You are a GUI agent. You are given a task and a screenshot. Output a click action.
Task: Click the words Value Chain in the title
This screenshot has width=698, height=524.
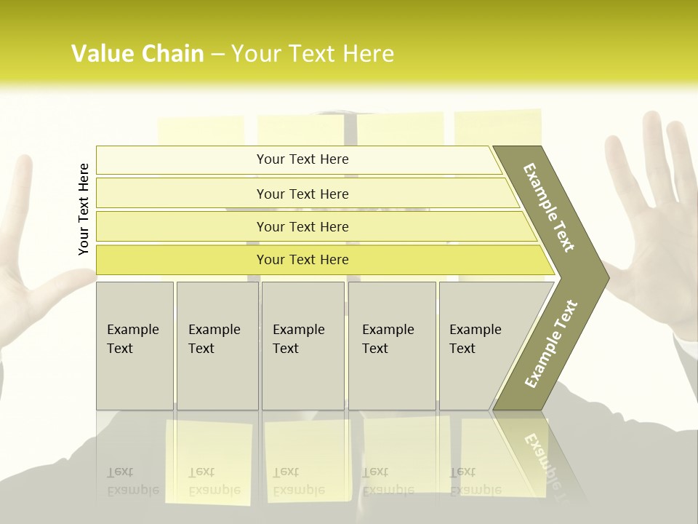137,54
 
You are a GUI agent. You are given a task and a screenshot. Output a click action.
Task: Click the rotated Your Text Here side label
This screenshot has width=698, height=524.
84,209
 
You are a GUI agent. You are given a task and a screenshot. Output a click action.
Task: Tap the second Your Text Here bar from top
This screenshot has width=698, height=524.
302,194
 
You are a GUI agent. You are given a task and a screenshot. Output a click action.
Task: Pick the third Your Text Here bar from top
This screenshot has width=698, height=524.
302,226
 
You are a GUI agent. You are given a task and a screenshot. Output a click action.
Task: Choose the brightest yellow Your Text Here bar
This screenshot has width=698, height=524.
302,260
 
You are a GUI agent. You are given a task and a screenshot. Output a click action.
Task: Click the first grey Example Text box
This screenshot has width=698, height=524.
135,345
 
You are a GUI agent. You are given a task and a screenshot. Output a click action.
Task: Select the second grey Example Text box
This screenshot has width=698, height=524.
217,345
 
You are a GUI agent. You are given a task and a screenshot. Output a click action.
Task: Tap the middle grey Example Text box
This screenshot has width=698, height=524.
302,345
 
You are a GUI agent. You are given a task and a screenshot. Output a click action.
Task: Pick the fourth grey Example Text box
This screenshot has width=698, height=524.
391,345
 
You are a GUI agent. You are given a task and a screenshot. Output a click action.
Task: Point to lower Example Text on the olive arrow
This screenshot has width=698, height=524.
551,344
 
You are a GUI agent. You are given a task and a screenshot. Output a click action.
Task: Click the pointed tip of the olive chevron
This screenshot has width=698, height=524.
606,277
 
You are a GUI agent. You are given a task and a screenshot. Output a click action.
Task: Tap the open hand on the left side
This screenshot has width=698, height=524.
29,277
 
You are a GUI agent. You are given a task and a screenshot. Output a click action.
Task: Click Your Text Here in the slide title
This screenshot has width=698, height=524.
313,54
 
